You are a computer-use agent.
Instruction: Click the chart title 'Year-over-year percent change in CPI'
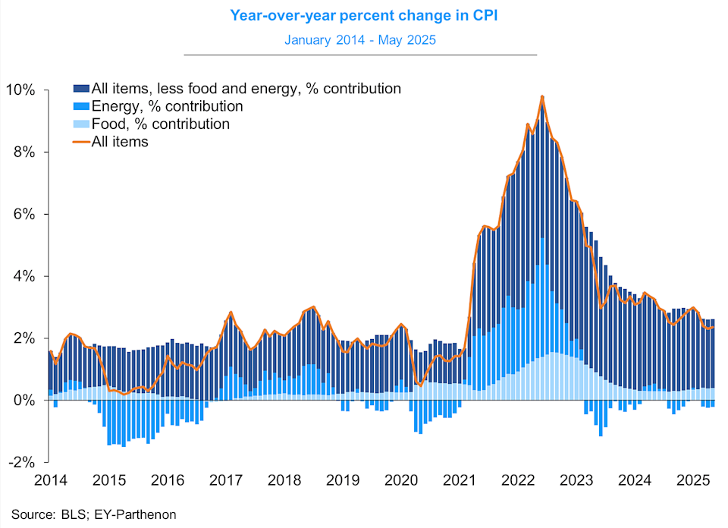coord(359,14)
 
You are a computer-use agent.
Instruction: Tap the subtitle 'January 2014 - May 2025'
coord(359,39)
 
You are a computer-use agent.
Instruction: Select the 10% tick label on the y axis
coord(20,90)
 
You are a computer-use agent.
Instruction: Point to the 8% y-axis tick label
coord(24,152)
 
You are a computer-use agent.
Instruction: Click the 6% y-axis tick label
coord(24,214)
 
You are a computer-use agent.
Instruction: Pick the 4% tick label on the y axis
coord(24,276)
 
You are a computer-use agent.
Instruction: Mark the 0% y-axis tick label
coord(24,400)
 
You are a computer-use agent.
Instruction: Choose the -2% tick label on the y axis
coord(20,461)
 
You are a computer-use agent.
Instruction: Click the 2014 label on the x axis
coord(50,479)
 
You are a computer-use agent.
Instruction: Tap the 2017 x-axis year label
coord(225,479)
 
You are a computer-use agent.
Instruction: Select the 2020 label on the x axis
coord(401,479)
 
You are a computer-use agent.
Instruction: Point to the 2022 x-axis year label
coord(519,479)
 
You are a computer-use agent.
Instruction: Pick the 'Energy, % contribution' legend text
coord(167,106)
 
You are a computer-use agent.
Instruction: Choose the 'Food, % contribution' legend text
coord(160,124)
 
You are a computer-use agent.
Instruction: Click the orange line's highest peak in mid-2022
coord(543,97)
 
